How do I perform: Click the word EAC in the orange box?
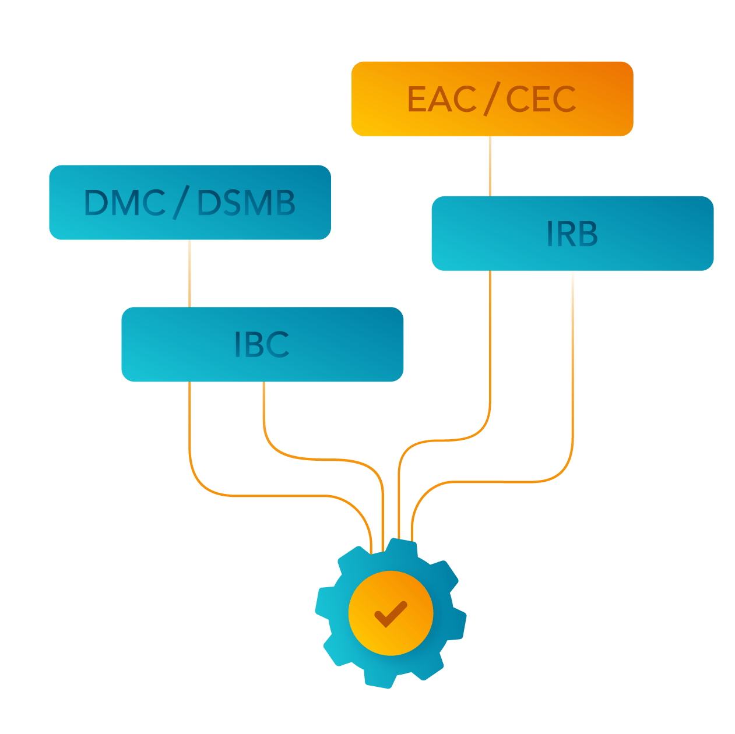(x=441, y=99)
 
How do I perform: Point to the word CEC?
(x=541, y=99)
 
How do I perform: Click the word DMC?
(x=125, y=203)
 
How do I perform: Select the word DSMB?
(x=246, y=203)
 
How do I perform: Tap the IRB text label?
(x=572, y=234)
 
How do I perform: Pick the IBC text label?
(x=262, y=344)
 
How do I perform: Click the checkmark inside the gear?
(x=391, y=613)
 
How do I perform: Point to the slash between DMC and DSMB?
(x=180, y=203)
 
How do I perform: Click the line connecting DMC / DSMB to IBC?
(x=190, y=274)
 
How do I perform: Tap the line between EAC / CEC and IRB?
(x=490, y=166)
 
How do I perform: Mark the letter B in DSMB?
(x=284, y=203)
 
